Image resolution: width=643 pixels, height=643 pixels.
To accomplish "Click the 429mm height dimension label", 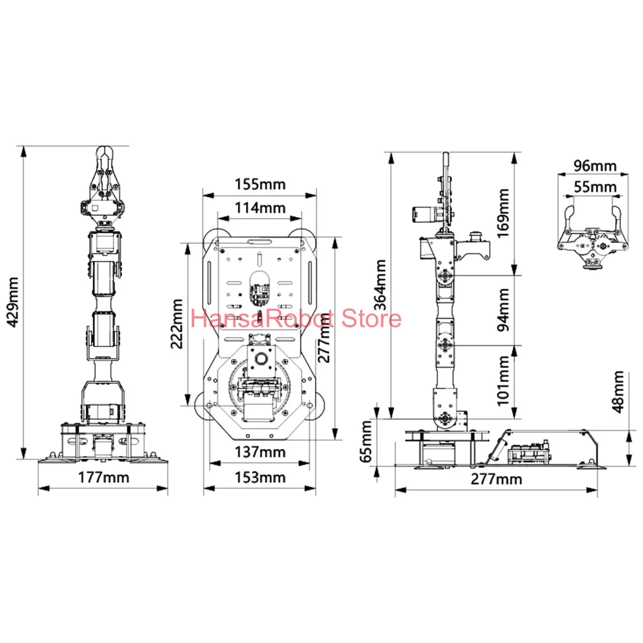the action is (x=12, y=302).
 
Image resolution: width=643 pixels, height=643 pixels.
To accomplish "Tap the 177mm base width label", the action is (x=103, y=477).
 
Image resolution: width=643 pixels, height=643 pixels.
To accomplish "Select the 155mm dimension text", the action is (x=260, y=184).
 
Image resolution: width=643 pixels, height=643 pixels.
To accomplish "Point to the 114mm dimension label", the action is (x=260, y=207).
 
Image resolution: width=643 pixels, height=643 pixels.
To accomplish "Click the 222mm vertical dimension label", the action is (x=178, y=324).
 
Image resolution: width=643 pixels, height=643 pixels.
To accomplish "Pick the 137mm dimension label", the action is (x=260, y=452).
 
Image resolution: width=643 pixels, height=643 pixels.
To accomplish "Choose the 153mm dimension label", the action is (x=260, y=477).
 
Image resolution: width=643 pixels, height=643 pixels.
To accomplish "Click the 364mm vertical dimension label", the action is (x=380, y=285).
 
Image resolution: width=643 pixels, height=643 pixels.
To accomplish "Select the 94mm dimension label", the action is (x=504, y=310).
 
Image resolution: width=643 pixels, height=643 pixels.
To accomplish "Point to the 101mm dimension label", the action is (x=504, y=381).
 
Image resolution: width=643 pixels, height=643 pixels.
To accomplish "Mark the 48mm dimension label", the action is (x=619, y=391).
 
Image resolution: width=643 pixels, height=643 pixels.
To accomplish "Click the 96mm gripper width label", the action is (x=595, y=166).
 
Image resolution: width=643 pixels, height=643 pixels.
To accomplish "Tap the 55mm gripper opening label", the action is (x=595, y=187).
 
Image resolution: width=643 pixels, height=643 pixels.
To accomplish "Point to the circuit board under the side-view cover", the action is (x=528, y=453).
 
